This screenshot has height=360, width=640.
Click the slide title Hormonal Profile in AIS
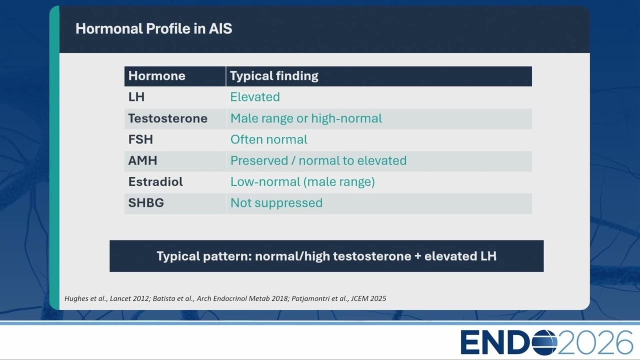tap(153, 28)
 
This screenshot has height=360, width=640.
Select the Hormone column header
tap(157, 76)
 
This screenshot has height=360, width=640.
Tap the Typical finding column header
tap(274, 76)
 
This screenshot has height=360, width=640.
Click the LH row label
tap(136, 97)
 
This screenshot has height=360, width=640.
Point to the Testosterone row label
tap(167, 118)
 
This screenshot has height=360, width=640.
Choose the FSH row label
tap(140, 139)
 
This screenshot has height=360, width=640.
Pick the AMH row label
tap(142, 160)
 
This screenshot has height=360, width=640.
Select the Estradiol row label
tap(155, 181)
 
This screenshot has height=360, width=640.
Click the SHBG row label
tap(146, 203)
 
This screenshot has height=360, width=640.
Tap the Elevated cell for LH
tap(255, 97)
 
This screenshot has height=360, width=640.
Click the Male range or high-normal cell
tap(306, 118)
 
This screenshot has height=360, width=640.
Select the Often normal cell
tap(269, 139)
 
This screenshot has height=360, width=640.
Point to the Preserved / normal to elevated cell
tap(318, 161)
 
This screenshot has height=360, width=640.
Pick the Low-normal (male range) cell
tap(302, 182)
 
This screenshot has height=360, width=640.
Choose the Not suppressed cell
tap(276, 203)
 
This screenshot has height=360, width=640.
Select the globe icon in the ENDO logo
tap(544, 342)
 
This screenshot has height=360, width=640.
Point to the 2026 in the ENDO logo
tap(595, 342)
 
